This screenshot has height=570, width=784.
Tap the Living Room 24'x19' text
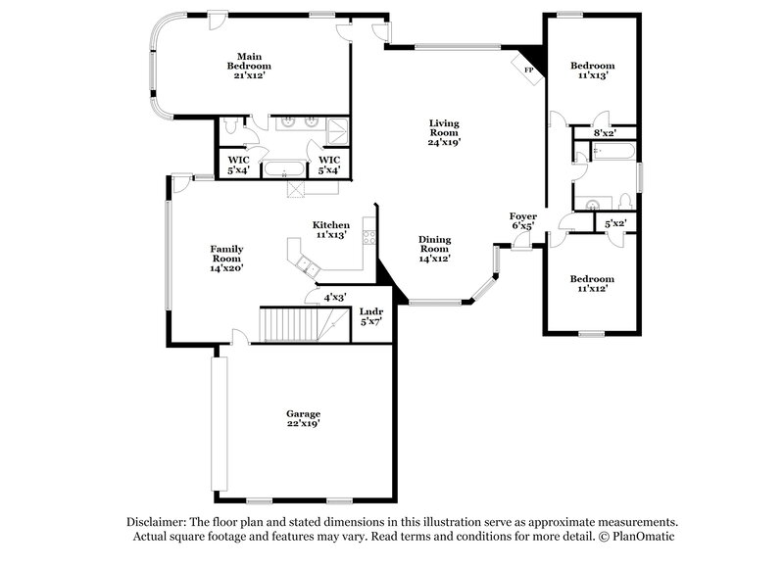(x=443, y=131)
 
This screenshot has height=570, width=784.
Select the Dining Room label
(x=435, y=248)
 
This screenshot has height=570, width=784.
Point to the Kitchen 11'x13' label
(x=330, y=229)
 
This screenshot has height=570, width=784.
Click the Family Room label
(x=225, y=257)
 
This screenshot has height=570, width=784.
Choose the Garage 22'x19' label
(x=303, y=418)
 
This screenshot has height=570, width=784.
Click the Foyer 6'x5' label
(x=522, y=220)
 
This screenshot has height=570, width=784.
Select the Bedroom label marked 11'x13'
(x=592, y=71)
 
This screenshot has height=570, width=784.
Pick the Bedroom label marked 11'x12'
(x=592, y=283)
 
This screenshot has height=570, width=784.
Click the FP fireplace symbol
(x=529, y=70)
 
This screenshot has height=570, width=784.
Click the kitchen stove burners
(x=369, y=236)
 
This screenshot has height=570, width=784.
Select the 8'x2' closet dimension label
(x=605, y=132)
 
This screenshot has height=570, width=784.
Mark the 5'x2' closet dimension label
(x=614, y=224)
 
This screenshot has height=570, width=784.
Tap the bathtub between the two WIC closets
(x=285, y=168)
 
